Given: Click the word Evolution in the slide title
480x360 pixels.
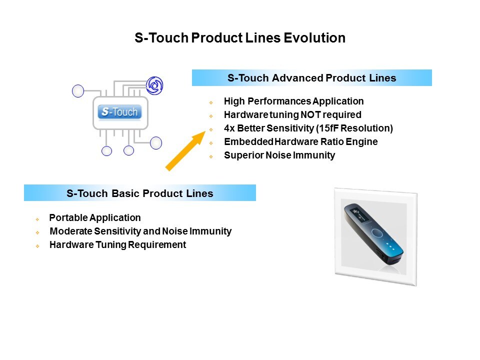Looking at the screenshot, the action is (314, 38).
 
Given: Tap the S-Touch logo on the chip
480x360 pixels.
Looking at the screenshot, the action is (119, 111).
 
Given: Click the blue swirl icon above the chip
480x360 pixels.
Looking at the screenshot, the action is (154, 85).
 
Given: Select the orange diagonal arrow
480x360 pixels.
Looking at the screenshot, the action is (185, 150).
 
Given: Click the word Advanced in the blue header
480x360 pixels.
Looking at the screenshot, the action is (297, 78).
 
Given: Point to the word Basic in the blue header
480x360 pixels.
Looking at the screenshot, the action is (125, 193).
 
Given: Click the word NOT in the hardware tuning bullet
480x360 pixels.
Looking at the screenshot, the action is (310, 114).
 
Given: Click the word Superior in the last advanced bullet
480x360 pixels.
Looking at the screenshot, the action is (244, 155).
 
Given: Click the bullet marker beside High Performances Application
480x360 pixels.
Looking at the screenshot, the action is (211, 102).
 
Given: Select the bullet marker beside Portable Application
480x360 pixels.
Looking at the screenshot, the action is (37, 219).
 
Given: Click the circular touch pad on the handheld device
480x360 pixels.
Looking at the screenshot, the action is (377, 233).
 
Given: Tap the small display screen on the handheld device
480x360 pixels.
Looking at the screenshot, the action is (357, 214).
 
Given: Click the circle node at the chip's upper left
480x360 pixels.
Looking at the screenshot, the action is (78, 91).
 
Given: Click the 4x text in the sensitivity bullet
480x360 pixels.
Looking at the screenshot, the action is (229, 128).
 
